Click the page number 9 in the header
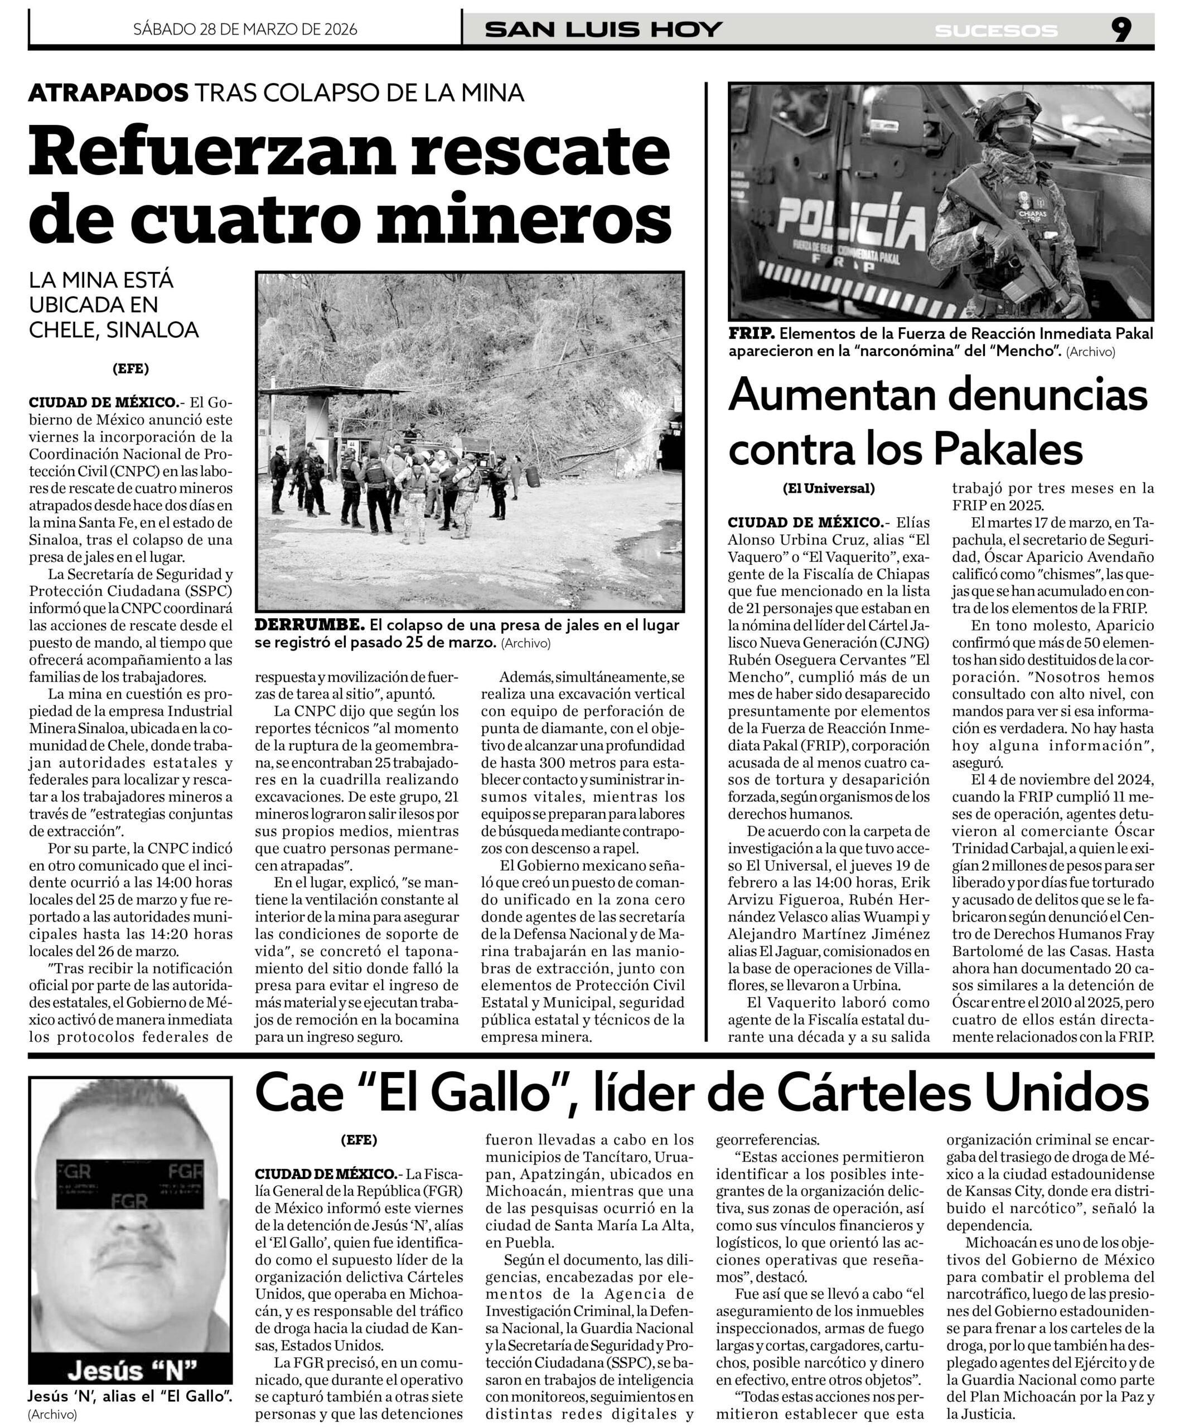[1121, 30]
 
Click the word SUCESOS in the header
[996, 31]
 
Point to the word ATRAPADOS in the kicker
[108, 93]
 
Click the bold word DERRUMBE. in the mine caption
[310, 624]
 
